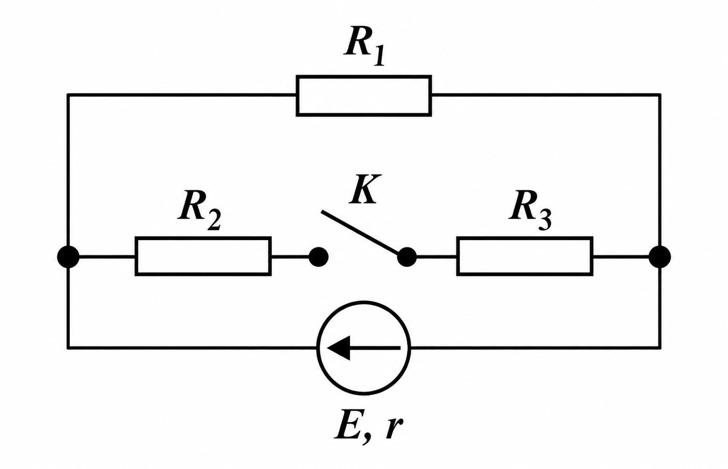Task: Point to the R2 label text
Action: [x=199, y=210]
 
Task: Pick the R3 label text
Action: [x=530, y=210]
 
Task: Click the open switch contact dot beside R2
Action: [x=319, y=257]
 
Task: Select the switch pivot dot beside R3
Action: [x=407, y=257]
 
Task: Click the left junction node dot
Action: [x=68, y=257]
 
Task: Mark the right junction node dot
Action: [x=660, y=257]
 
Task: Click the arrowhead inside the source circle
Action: [x=339, y=348]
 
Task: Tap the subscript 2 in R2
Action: [x=214, y=220]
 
